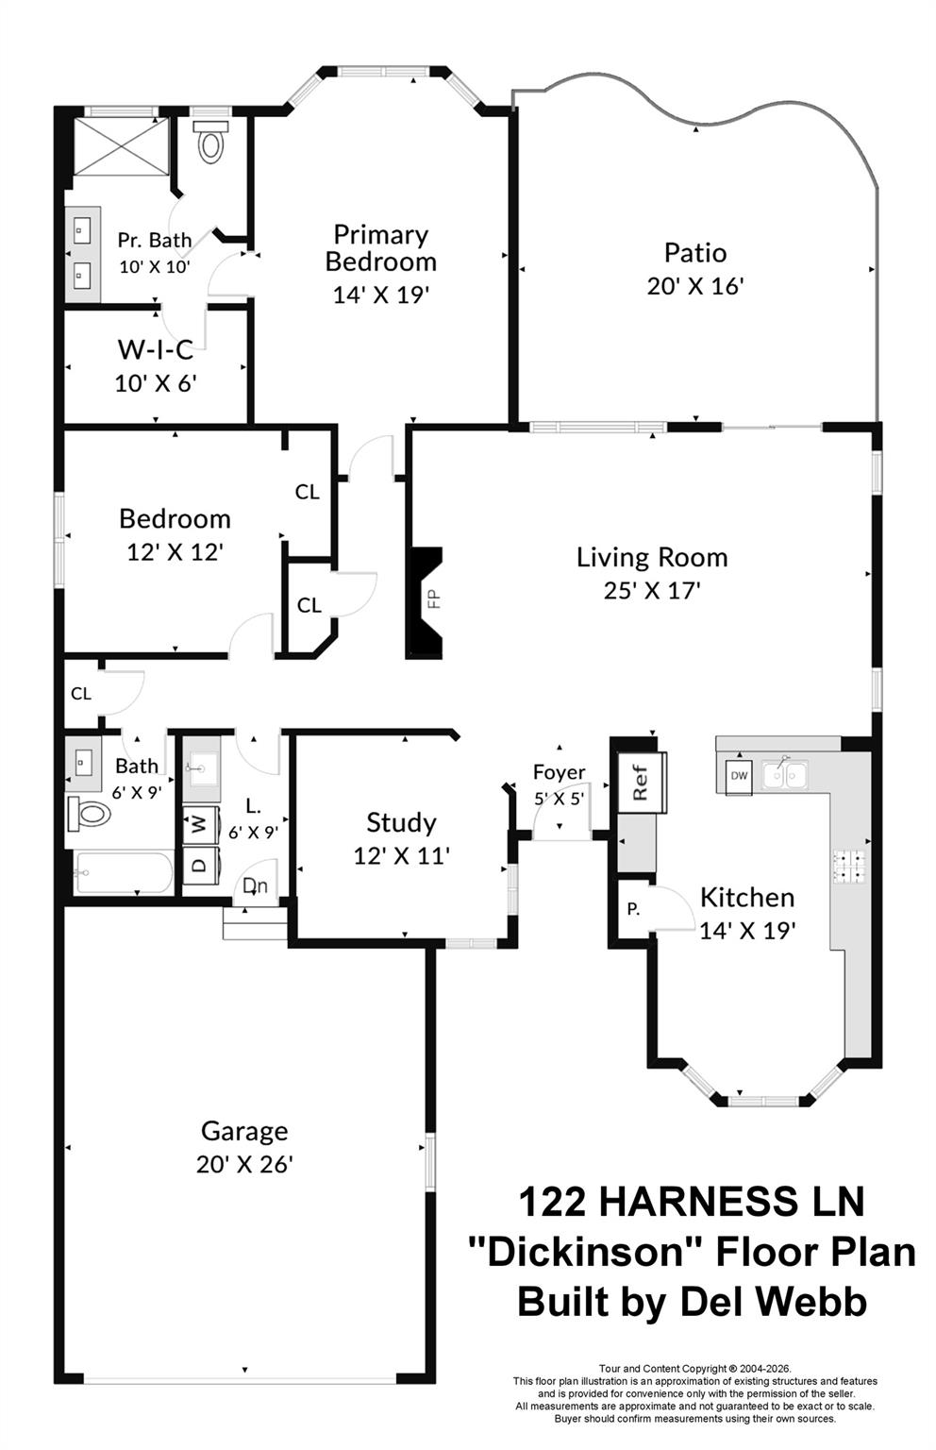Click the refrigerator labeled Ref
click(642, 782)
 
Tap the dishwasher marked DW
click(738, 776)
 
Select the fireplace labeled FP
click(426, 601)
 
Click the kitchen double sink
click(785, 774)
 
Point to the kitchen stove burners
click(848, 868)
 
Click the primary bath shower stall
click(121, 145)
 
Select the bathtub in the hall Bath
click(123, 873)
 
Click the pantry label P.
click(633, 910)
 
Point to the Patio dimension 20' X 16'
click(695, 286)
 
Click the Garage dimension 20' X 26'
click(244, 1164)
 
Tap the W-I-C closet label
click(155, 350)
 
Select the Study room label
click(401, 822)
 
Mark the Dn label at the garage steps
click(254, 886)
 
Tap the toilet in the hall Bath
click(88, 813)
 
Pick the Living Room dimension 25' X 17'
click(651, 591)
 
